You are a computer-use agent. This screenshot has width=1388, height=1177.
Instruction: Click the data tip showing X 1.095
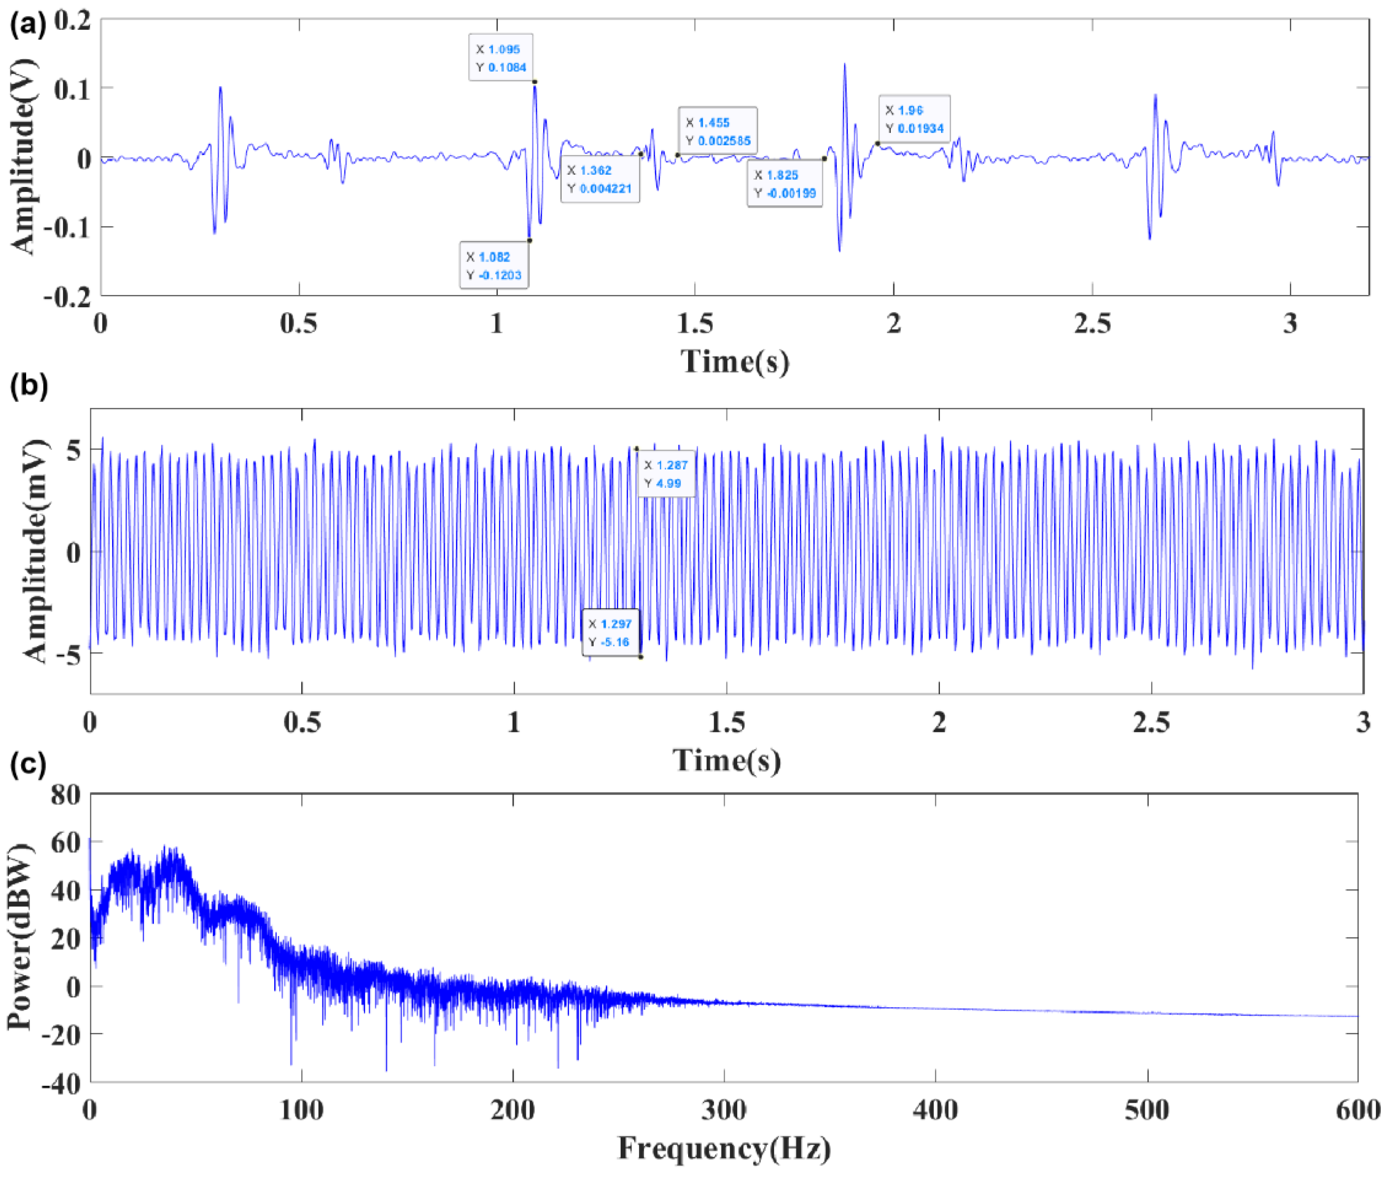click(501, 57)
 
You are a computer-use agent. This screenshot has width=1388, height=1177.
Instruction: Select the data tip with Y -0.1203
click(494, 266)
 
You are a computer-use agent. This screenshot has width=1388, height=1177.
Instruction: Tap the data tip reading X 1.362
click(599, 179)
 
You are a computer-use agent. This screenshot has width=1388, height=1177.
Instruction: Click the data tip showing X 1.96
click(914, 119)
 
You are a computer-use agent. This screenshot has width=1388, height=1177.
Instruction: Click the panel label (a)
click(28, 25)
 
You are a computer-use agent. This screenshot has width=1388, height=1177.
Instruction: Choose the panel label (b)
click(28, 386)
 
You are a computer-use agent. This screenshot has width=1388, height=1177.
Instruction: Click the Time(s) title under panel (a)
click(735, 362)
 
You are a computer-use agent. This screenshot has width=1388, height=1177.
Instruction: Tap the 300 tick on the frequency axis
click(724, 1110)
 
